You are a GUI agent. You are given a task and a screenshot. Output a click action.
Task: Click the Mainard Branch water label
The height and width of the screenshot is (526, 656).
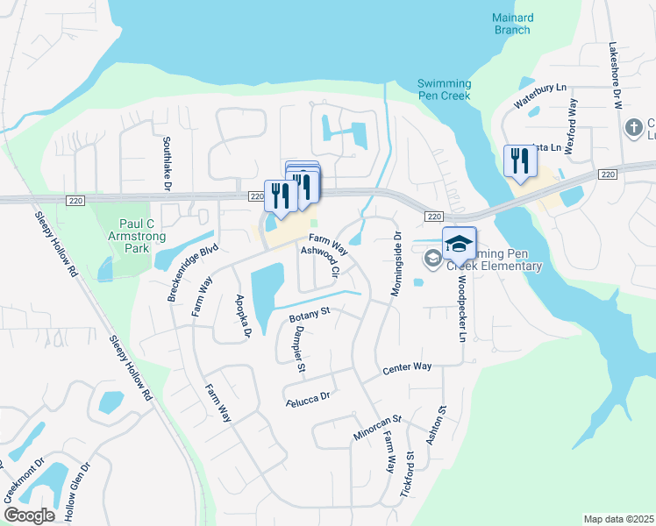[511, 23]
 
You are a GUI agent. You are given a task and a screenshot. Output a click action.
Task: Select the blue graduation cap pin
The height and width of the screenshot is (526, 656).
[459, 245]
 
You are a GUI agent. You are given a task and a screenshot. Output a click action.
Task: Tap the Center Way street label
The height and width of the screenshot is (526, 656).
[407, 369]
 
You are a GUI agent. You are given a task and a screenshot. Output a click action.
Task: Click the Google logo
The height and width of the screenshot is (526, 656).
[30, 515]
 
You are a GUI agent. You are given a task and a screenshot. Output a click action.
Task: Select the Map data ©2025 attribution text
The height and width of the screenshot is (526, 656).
[617, 519]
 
